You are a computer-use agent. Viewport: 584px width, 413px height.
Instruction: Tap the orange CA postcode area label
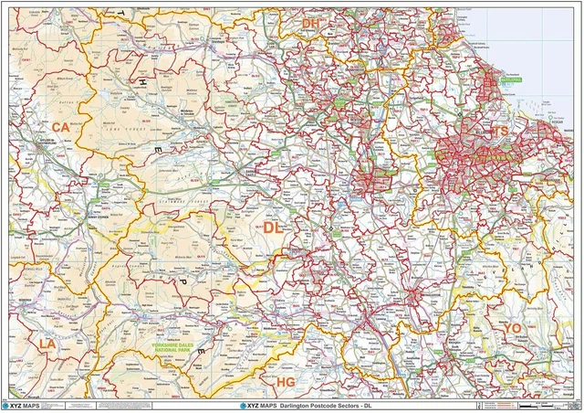tap(61, 127)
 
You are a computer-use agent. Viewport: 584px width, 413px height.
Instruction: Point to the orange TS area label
tap(499, 132)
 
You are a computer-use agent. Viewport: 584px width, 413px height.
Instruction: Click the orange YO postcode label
tap(511, 328)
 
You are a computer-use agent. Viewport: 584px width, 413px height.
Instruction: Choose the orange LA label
tap(47, 344)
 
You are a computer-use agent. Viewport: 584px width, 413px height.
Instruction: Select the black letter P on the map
tap(180, 281)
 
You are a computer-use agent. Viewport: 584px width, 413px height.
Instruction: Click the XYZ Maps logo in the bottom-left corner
tap(22, 404)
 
